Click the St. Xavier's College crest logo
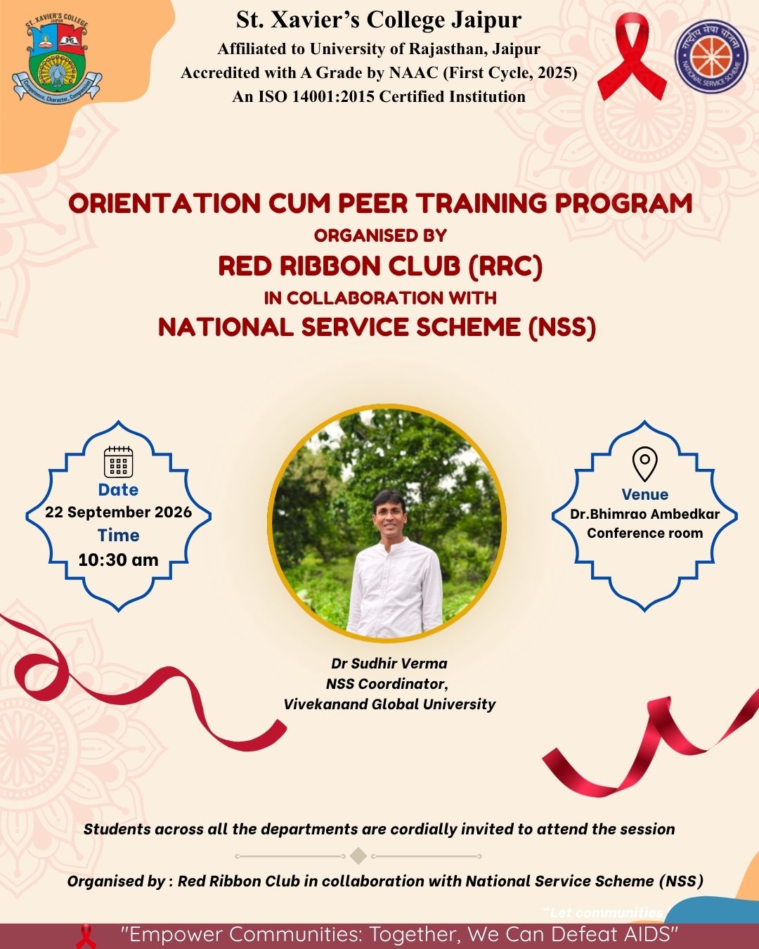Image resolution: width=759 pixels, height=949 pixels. pos(57,60)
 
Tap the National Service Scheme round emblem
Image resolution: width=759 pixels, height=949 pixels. pos(711,56)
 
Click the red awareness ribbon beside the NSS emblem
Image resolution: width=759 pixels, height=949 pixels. pos(632,56)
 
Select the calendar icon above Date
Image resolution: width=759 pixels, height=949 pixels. pos(118,462)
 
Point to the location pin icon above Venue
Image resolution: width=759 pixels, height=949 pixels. pos(644,464)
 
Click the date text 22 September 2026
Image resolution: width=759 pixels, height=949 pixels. pos(118,512)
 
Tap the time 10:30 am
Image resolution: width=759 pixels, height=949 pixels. pos(118,560)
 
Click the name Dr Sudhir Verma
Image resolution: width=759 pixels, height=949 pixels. pos(389,664)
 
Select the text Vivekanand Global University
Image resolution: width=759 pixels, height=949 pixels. pos(389,704)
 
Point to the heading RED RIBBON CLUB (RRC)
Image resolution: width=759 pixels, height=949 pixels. pos(380,266)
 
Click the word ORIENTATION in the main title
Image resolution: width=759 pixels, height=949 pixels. pos(164,203)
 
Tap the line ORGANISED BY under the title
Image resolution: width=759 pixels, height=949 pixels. pos(380,235)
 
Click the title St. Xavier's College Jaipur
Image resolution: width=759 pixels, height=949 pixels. pos(379,20)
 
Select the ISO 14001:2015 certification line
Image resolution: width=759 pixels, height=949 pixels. pos(379,96)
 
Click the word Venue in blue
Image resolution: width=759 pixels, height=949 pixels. pos(644,494)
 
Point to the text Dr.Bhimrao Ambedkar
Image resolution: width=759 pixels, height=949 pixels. pos(644,514)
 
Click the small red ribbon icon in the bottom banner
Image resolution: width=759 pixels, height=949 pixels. pos(86,936)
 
